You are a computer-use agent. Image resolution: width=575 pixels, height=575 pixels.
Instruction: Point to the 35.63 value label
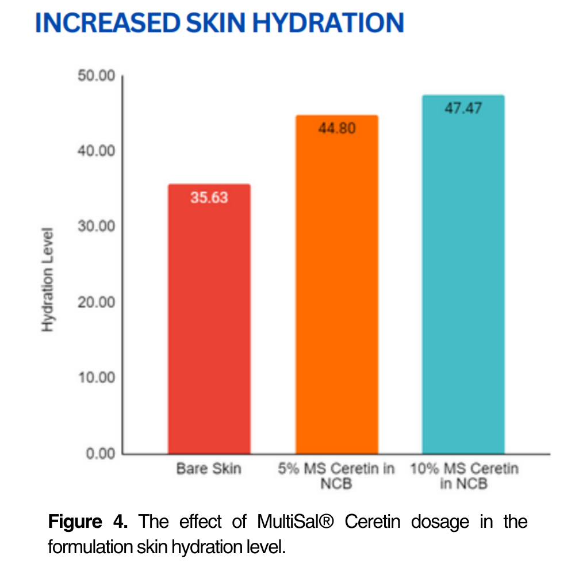coord(209,198)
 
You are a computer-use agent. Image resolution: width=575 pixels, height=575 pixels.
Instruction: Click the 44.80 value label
coord(336,128)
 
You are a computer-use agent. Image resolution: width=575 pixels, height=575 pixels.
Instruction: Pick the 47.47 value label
coord(463,109)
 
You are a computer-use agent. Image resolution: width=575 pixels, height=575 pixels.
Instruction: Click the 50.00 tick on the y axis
coord(97,76)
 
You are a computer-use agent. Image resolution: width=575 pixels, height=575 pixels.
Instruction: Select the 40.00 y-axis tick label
coord(97,151)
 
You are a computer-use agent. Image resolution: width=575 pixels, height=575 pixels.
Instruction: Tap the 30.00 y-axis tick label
coord(97,227)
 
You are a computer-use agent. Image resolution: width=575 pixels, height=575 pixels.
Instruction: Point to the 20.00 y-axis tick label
coord(97,302)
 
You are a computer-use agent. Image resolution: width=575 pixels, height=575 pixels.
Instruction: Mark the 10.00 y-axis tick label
coord(97,378)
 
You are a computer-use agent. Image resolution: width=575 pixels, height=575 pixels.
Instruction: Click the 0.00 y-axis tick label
coord(100,454)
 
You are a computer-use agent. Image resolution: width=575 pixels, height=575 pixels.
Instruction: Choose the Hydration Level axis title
coord(48,280)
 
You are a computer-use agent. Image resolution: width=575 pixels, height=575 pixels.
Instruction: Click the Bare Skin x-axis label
coord(209,469)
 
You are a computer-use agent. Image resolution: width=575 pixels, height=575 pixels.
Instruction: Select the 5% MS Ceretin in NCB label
coord(336,476)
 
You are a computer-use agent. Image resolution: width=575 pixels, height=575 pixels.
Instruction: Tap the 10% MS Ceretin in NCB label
coord(463,476)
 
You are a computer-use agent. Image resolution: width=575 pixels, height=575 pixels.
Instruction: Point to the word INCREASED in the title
coord(93,22)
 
